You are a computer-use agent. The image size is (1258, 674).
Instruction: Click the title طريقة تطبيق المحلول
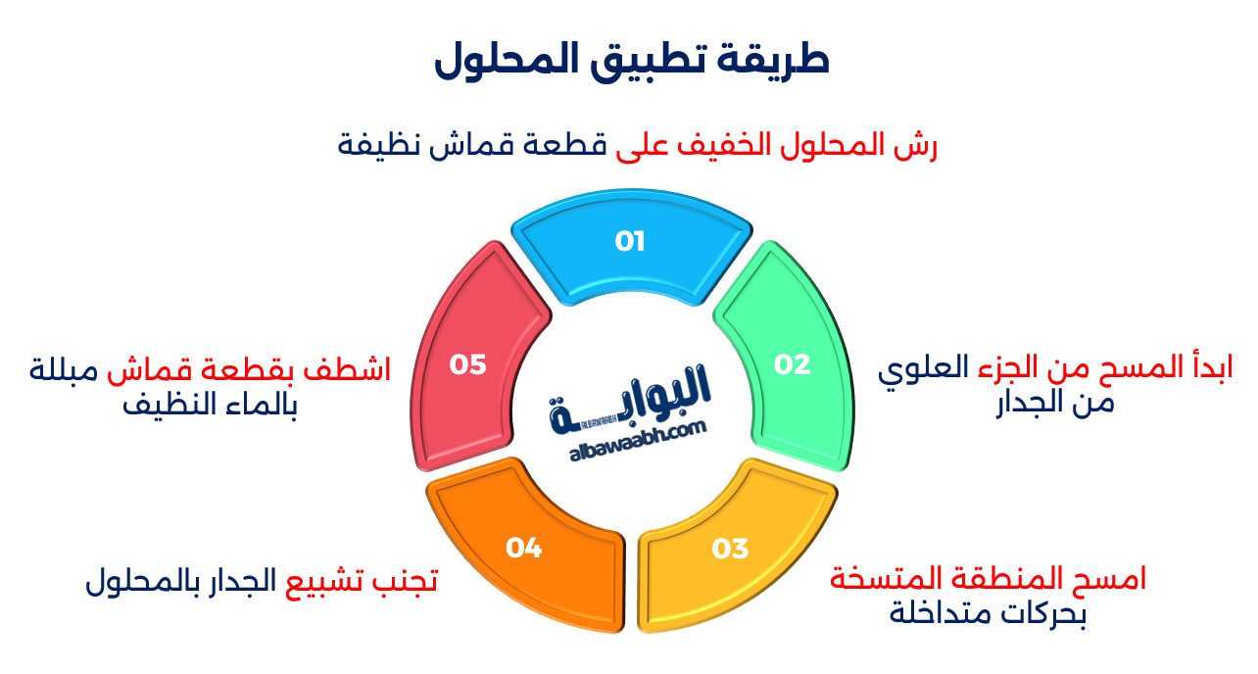[631, 61]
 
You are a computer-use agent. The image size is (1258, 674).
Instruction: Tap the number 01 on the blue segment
[630, 242]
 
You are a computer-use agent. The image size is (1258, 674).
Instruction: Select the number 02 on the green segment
[793, 364]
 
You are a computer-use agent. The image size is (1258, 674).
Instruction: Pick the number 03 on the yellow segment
[730, 549]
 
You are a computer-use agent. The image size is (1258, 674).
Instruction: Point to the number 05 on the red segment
[467, 364]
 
